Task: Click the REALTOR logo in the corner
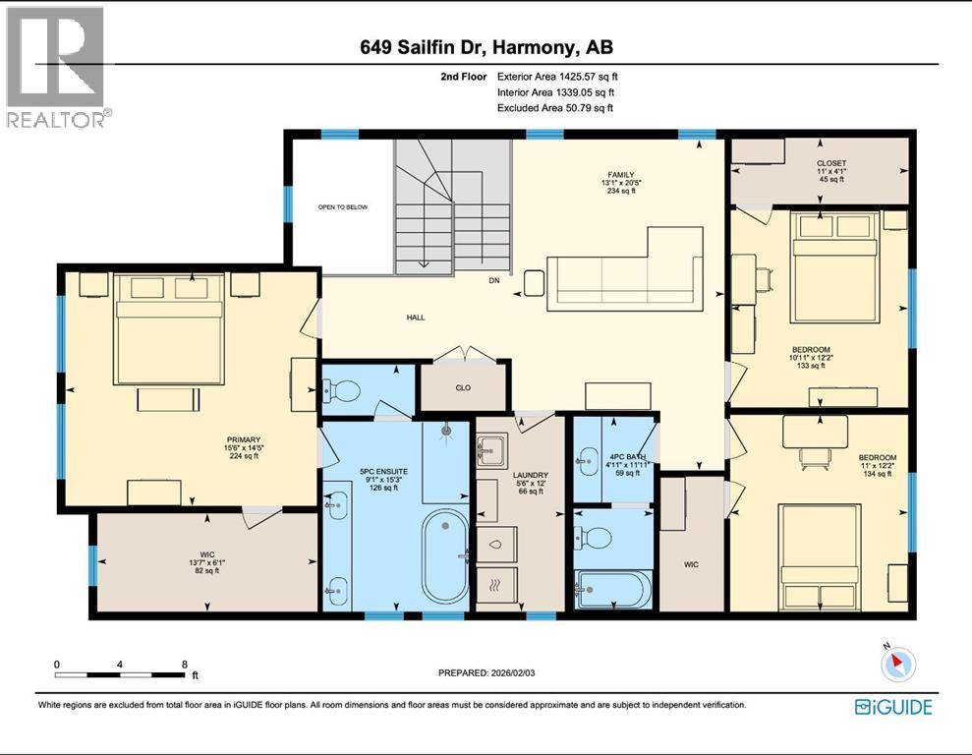click(x=55, y=67)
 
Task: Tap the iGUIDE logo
click(x=892, y=706)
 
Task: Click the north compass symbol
click(x=897, y=666)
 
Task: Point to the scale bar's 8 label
click(x=184, y=665)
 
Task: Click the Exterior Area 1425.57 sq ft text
click(x=557, y=76)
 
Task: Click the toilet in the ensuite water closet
click(x=340, y=390)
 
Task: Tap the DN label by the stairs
click(x=494, y=278)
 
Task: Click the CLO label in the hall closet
click(x=463, y=387)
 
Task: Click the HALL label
click(x=415, y=318)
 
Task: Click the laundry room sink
click(x=488, y=453)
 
